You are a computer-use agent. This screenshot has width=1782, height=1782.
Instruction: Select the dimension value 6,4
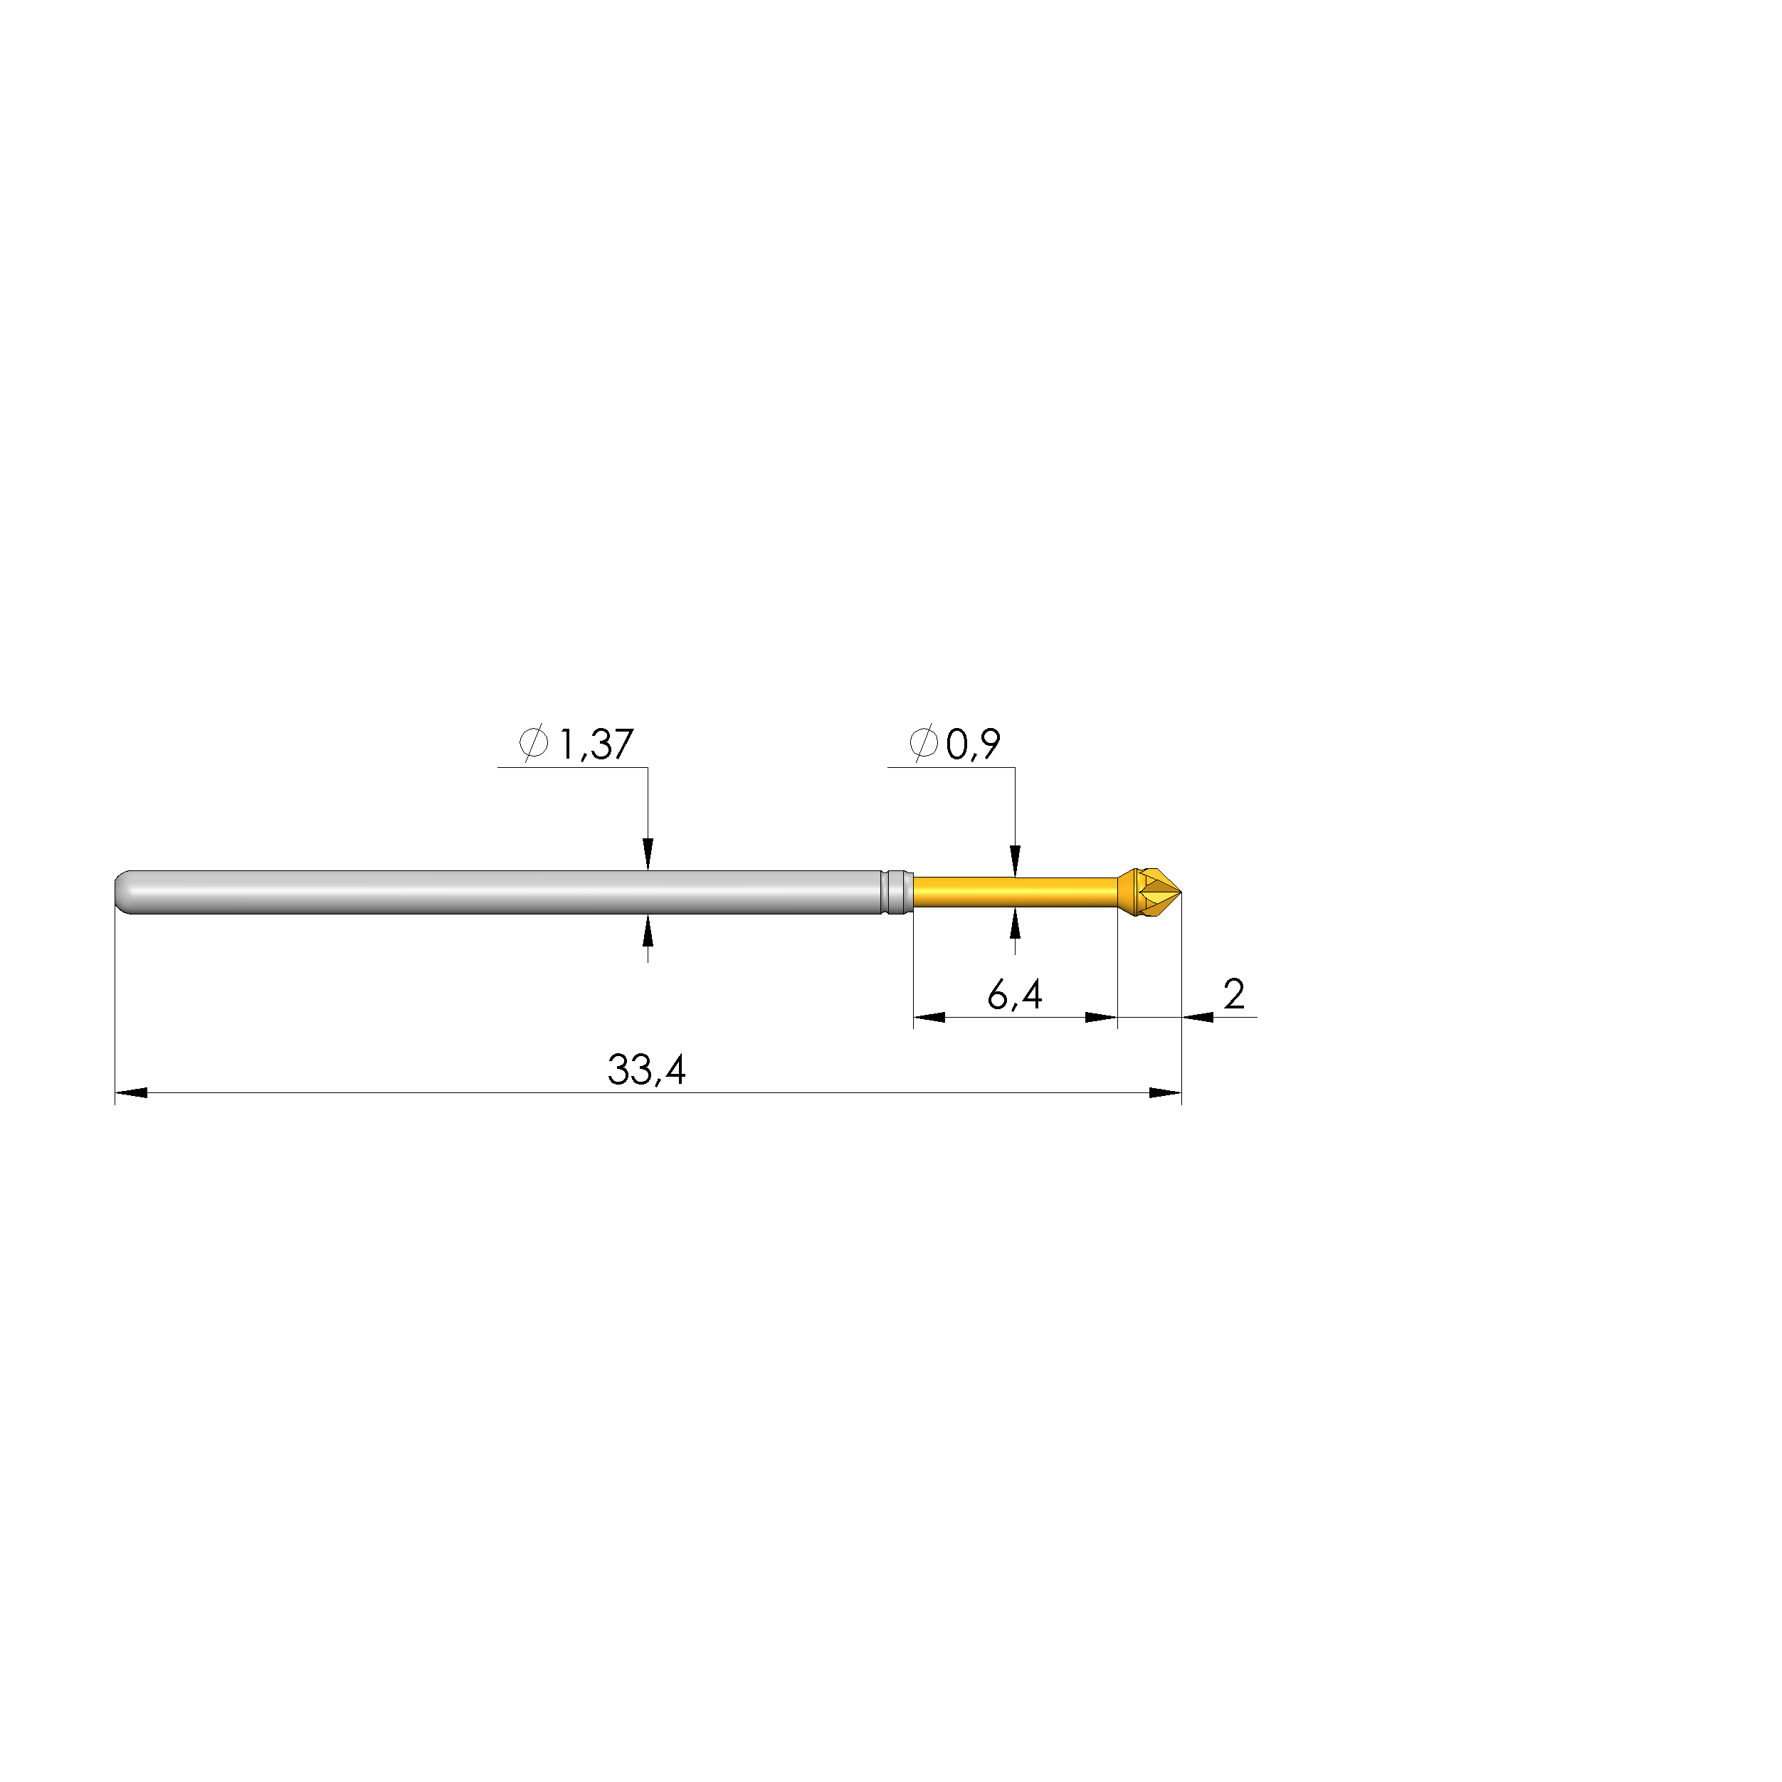1015,994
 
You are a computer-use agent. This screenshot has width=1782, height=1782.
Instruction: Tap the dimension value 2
1233,993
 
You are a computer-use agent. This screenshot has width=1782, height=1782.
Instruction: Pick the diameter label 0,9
973,744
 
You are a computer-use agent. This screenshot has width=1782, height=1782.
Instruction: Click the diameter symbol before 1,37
533,742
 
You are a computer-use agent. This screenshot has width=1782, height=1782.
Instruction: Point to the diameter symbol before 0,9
923,742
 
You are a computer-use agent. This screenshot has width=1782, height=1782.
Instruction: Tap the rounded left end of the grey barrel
122,892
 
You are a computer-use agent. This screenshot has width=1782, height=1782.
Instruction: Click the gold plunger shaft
1015,892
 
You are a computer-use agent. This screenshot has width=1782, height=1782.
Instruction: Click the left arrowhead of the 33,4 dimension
131,1093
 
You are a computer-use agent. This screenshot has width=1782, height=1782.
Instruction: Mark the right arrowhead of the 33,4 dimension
1165,1093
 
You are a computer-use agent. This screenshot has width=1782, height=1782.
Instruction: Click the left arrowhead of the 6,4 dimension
929,1018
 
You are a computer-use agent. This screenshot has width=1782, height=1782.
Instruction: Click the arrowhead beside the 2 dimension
1197,1018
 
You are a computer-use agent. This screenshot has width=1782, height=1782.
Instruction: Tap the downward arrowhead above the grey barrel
648,854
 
